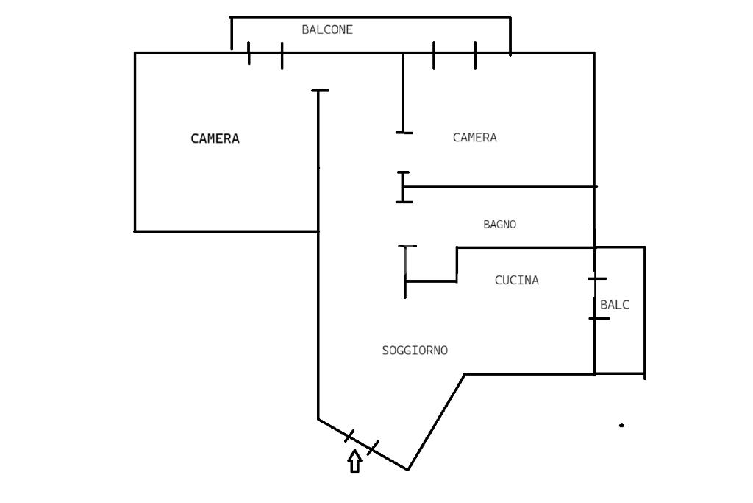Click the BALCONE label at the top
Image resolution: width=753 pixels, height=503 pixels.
(x=327, y=29)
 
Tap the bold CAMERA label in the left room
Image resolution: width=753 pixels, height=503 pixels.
(x=215, y=138)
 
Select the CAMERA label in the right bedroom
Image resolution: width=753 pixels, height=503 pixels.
(x=474, y=138)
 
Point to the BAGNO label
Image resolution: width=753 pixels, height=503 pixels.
(x=499, y=224)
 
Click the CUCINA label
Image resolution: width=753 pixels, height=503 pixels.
(x=517, y=280)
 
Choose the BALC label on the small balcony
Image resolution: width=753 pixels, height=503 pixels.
(x=614, y=304)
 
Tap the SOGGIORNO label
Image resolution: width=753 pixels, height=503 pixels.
(x=415, y=351)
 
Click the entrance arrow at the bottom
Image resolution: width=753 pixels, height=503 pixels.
(x=355, y=461)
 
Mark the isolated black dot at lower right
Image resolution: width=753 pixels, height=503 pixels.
(x=622, y=425)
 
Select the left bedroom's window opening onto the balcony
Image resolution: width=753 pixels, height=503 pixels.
(x=265, y=53)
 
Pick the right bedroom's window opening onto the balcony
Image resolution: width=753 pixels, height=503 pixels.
(x=454, y=53)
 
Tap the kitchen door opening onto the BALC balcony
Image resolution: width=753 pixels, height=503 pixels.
(x=595, y=298)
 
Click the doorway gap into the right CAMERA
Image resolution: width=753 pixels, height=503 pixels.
(x=404, y=152)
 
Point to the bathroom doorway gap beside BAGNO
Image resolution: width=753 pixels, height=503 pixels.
(x=406, y=224)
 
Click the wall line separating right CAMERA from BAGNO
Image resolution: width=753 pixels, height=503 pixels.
(x=500, y=186)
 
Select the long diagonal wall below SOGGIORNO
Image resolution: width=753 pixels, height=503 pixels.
(x=436, y=422)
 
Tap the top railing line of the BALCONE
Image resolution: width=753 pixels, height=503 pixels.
(x=371, y=18)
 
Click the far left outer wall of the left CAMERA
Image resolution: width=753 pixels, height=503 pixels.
(x=135, y=142)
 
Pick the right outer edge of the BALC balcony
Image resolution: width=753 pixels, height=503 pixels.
(x=644, y=312)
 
